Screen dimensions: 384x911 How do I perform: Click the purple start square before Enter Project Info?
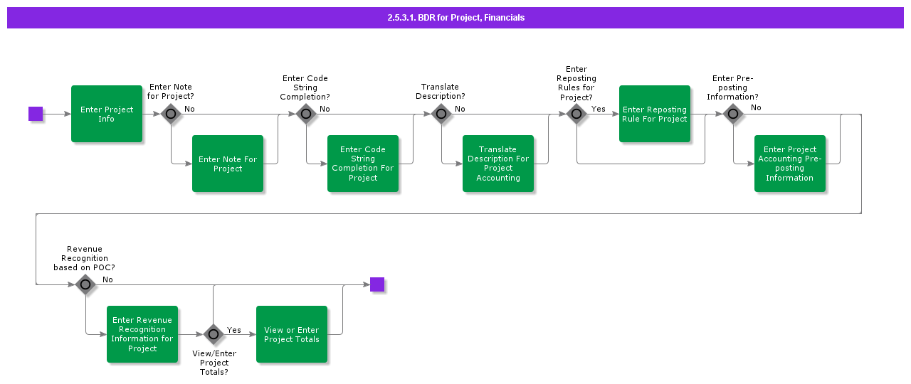(36, 114)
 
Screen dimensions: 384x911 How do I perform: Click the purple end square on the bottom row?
(377, 284)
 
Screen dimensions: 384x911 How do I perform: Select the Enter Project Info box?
(107, 114)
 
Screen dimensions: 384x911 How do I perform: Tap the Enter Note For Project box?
(228, 164)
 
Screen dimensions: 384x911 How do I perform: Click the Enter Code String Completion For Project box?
(363, 164)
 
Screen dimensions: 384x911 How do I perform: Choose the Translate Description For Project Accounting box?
(498, 164)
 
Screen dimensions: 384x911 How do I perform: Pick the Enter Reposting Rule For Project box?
(655, 114)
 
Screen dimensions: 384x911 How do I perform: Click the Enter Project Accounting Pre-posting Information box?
(790, 164)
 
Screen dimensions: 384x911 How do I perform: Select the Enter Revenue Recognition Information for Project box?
(142, 334)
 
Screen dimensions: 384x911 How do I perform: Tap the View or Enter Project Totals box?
(292, 334)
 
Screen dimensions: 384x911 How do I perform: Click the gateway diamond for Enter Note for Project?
(171, 114)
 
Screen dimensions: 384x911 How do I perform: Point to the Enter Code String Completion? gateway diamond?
(306, 114)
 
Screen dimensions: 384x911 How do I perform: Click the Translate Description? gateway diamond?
(441, 114)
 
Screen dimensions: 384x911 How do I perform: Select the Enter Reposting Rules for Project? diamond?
(576, 114)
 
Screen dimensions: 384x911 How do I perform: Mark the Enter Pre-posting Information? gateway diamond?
(733, 114)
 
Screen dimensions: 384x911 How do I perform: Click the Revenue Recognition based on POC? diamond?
(85, 284)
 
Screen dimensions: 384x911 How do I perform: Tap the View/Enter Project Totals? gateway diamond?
(214, 334)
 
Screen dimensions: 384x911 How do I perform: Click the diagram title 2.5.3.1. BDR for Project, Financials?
(455, 18)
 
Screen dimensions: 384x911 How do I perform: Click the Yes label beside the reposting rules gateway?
(599, 109)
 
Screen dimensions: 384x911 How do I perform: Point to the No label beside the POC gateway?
(107, 279)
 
